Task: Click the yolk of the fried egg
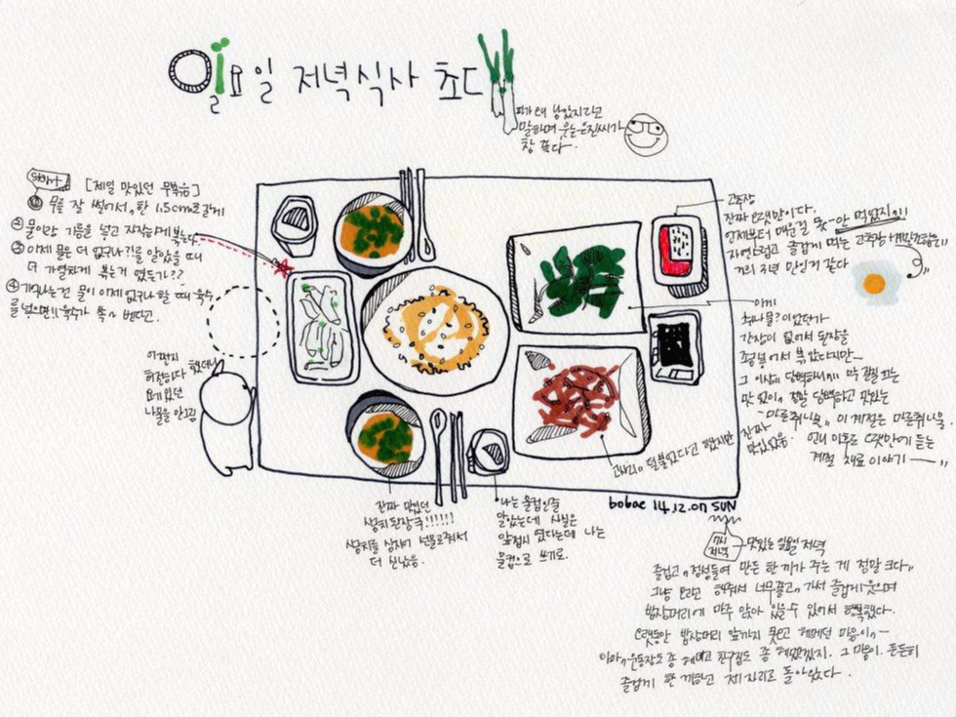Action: click(873, 283)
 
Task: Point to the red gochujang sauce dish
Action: click(678, 249)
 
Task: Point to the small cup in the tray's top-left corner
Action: click(294, 225)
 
